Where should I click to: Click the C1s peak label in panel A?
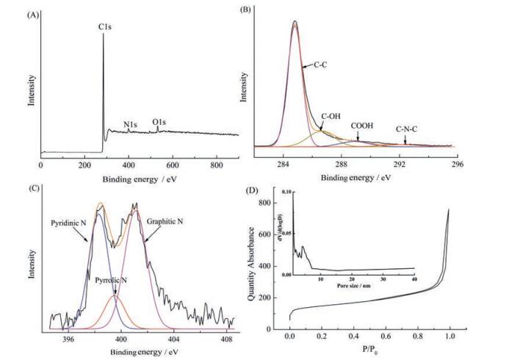coord(104,26)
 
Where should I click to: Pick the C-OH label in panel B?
coord(333,116)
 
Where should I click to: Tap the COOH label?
coord(362,126)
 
